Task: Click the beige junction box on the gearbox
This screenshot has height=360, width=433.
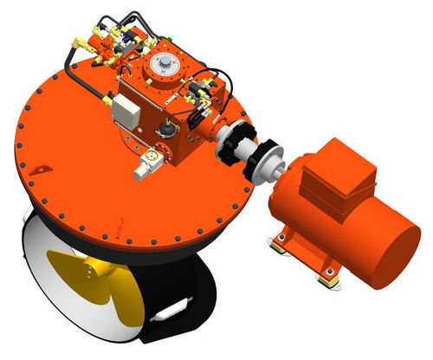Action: coord(126,109)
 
